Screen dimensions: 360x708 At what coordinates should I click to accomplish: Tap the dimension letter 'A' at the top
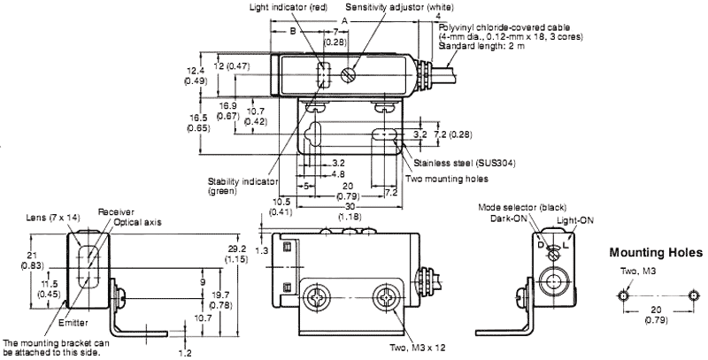[x=343, y=19]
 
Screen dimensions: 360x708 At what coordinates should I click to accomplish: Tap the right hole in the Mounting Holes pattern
[x=693, y=294]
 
